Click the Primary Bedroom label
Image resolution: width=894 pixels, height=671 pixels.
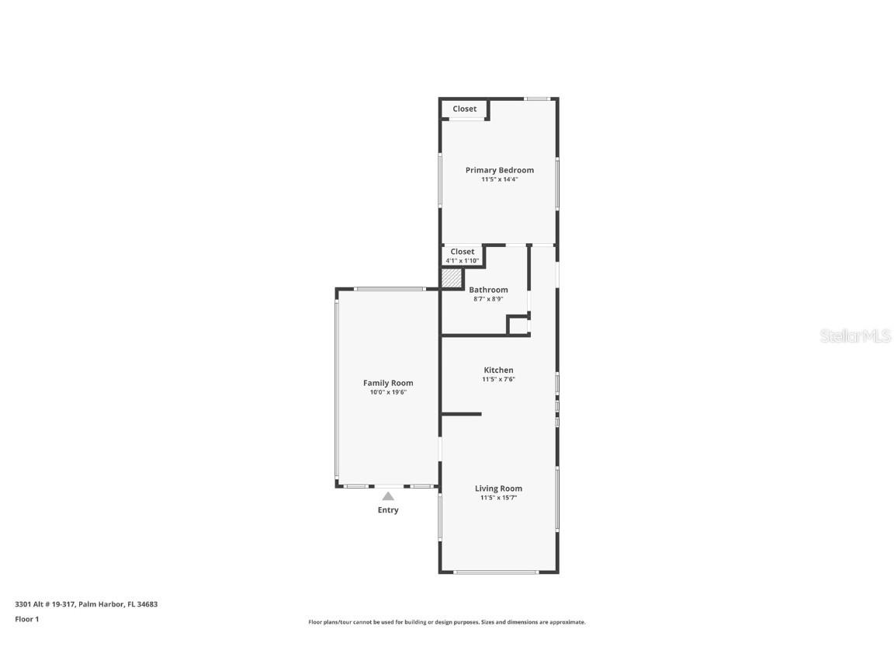499,170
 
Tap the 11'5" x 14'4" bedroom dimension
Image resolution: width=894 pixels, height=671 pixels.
499,179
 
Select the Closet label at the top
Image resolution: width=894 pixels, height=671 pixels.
464,109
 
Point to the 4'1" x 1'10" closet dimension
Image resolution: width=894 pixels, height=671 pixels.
462,261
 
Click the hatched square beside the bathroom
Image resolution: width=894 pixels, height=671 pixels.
451,278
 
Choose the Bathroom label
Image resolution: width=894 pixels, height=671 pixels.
488,290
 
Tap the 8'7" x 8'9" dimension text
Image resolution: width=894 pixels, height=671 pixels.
488,299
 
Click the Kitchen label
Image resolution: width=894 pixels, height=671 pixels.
498,370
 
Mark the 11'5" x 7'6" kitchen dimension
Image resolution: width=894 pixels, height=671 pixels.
498,380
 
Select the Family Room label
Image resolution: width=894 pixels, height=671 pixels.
388,383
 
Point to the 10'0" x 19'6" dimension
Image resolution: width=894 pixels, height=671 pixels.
388,392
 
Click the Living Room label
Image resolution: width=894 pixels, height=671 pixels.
498,488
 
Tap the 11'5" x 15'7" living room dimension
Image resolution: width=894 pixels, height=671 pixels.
498,498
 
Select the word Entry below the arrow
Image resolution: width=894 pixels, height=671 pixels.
388,510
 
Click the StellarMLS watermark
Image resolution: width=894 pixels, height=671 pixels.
855,336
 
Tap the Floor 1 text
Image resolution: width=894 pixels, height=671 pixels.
26,619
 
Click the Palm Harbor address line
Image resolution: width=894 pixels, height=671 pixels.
86,603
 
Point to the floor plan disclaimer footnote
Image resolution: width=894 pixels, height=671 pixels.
447,622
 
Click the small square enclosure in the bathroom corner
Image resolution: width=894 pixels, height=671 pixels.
517,325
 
